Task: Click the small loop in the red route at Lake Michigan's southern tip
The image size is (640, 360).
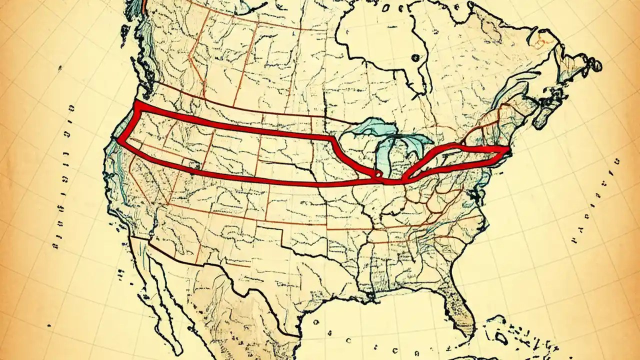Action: click(378, 173)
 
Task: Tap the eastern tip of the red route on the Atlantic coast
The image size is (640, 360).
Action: click(507, 149)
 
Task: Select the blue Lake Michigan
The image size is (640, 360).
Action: click(382, 155)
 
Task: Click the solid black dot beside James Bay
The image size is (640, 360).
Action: click(414, 58)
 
